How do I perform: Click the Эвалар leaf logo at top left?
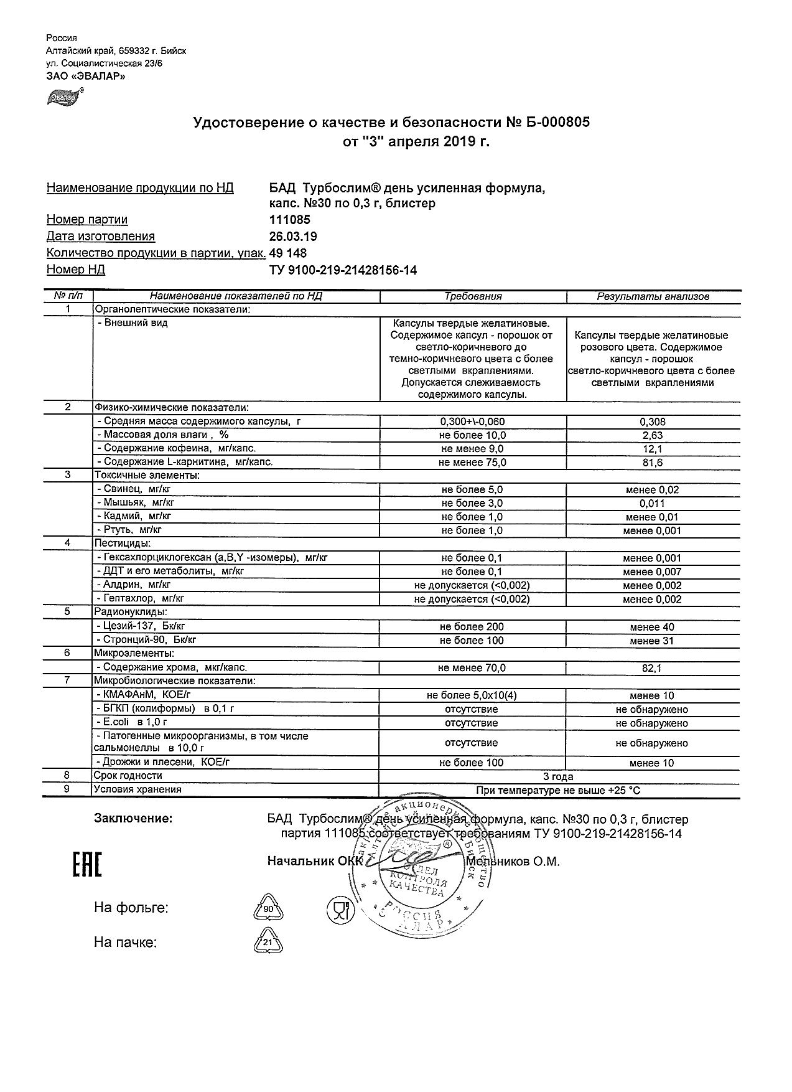point(63,97)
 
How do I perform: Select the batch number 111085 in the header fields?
point(289,220)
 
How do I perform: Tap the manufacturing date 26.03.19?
point(293,237)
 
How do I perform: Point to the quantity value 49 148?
point(288,253)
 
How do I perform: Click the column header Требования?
point(473,296)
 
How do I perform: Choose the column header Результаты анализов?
point(653,296)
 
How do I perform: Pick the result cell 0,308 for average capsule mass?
point(652,421)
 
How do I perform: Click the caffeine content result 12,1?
point(652,449)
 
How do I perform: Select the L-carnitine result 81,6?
point(652,463)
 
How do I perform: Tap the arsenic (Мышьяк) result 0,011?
point(652,503)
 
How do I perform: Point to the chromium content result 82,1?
point(652,668)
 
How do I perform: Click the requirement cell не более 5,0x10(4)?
point(472,695)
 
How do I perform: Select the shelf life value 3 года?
point(558,776)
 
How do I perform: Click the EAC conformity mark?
point(88,865)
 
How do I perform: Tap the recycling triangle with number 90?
point(269,908)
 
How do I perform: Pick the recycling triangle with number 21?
point(269,942)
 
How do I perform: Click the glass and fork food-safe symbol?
point(340,910)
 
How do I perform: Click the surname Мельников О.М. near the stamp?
point(513,862)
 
